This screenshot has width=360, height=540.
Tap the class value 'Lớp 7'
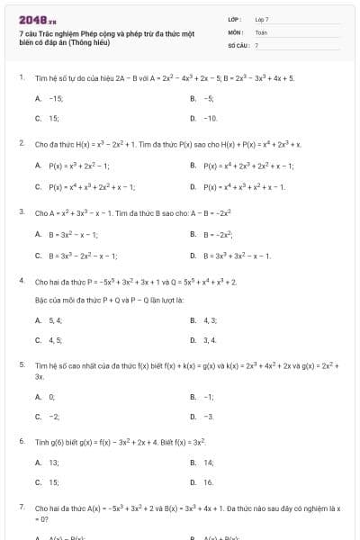point(262,19)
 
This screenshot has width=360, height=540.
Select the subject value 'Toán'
point(261,31)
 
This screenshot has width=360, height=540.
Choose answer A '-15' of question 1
point(54,98)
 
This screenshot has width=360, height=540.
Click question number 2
point(22,143)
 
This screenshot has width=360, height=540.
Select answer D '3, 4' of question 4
point(209,340)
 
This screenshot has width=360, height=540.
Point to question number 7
point(22,507)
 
